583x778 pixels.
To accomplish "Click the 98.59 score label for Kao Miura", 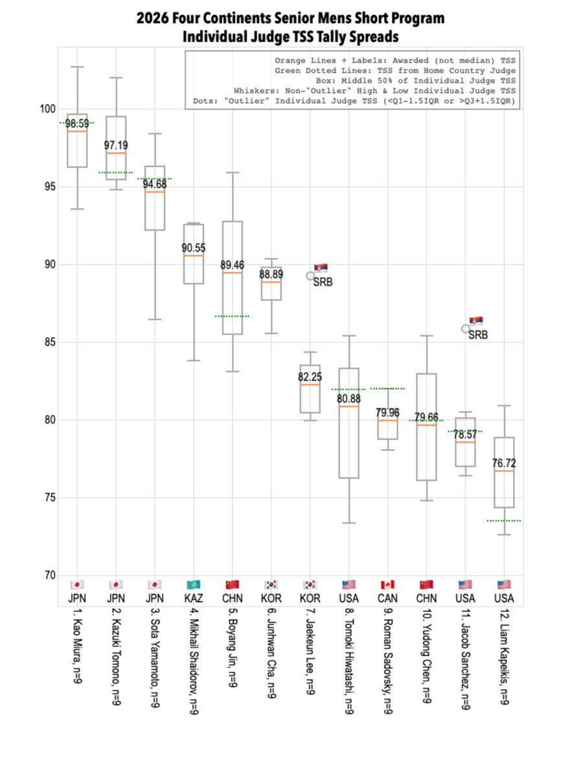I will (77, 123).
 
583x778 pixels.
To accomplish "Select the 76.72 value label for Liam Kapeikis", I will (504, 463).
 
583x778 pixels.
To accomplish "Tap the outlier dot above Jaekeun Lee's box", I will (311, 276).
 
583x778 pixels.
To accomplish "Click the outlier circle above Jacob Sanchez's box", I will (466, 329).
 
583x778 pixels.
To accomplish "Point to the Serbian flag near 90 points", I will (321, 268).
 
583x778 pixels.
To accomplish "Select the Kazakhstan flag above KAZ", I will (194, 584).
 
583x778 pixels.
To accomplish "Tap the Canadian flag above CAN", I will (387, 584).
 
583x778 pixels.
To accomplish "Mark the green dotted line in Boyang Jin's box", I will (232, 316).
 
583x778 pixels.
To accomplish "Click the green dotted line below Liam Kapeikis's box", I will (504, 521).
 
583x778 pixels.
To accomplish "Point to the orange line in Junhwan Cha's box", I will (271, 282).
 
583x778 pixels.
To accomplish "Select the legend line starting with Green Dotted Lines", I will (395, 70).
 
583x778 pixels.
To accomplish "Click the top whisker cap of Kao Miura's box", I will (78, 67).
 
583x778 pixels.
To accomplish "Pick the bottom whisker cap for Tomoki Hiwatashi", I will (349, 523).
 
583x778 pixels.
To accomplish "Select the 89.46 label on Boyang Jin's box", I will (232, 265).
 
